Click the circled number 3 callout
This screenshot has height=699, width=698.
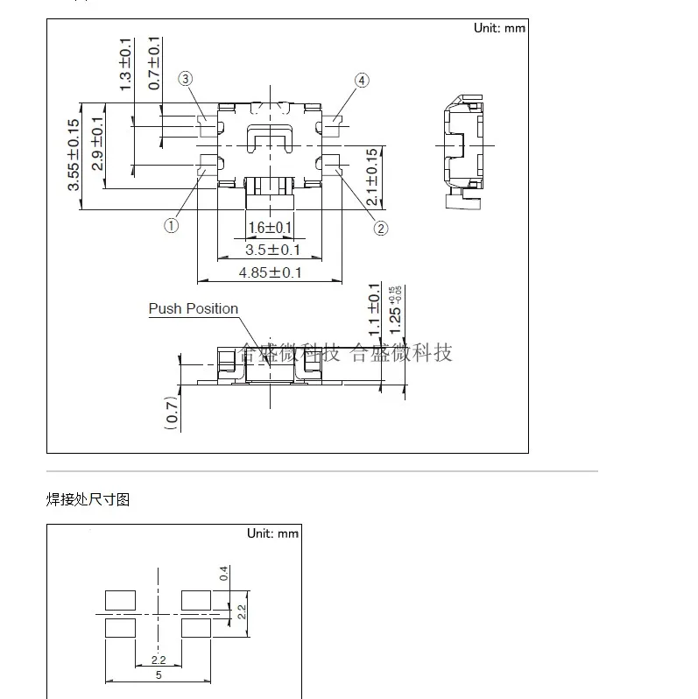tap(186, 80)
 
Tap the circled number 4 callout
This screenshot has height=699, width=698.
tap(362, 81)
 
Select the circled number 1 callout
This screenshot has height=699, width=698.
tap(171, 225)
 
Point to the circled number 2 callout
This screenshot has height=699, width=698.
tap(381, 228)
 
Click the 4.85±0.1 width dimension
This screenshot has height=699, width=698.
tap(270, 272)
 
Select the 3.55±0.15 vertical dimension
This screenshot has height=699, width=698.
tap(74, 154)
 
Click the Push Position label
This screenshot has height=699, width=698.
tap(193, 308)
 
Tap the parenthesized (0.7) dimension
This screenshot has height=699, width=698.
tap(172, 413)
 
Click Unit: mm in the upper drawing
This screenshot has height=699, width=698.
tap(499, 28)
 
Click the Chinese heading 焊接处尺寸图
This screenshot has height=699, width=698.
tap(88, 499)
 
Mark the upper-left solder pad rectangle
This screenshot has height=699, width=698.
tap(120, 600)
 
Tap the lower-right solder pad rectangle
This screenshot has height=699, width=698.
tap(196, 629)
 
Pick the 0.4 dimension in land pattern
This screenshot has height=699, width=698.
tap(224, 574)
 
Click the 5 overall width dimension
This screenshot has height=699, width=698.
tap(159, 675)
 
